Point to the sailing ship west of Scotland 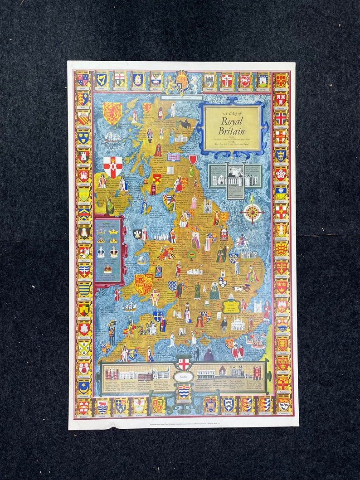pos(112,136)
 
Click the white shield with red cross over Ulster pos(112,167)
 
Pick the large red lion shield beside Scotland pos(112,113)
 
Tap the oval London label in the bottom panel pos(184,377)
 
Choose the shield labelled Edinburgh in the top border pos(209,81)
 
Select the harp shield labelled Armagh pos(101,80)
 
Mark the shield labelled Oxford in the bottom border pos(102,406)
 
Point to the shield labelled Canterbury pos(283,403)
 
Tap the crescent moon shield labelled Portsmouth pos(83,388)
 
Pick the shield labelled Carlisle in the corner pos(281,81)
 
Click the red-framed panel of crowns pos(108,250)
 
